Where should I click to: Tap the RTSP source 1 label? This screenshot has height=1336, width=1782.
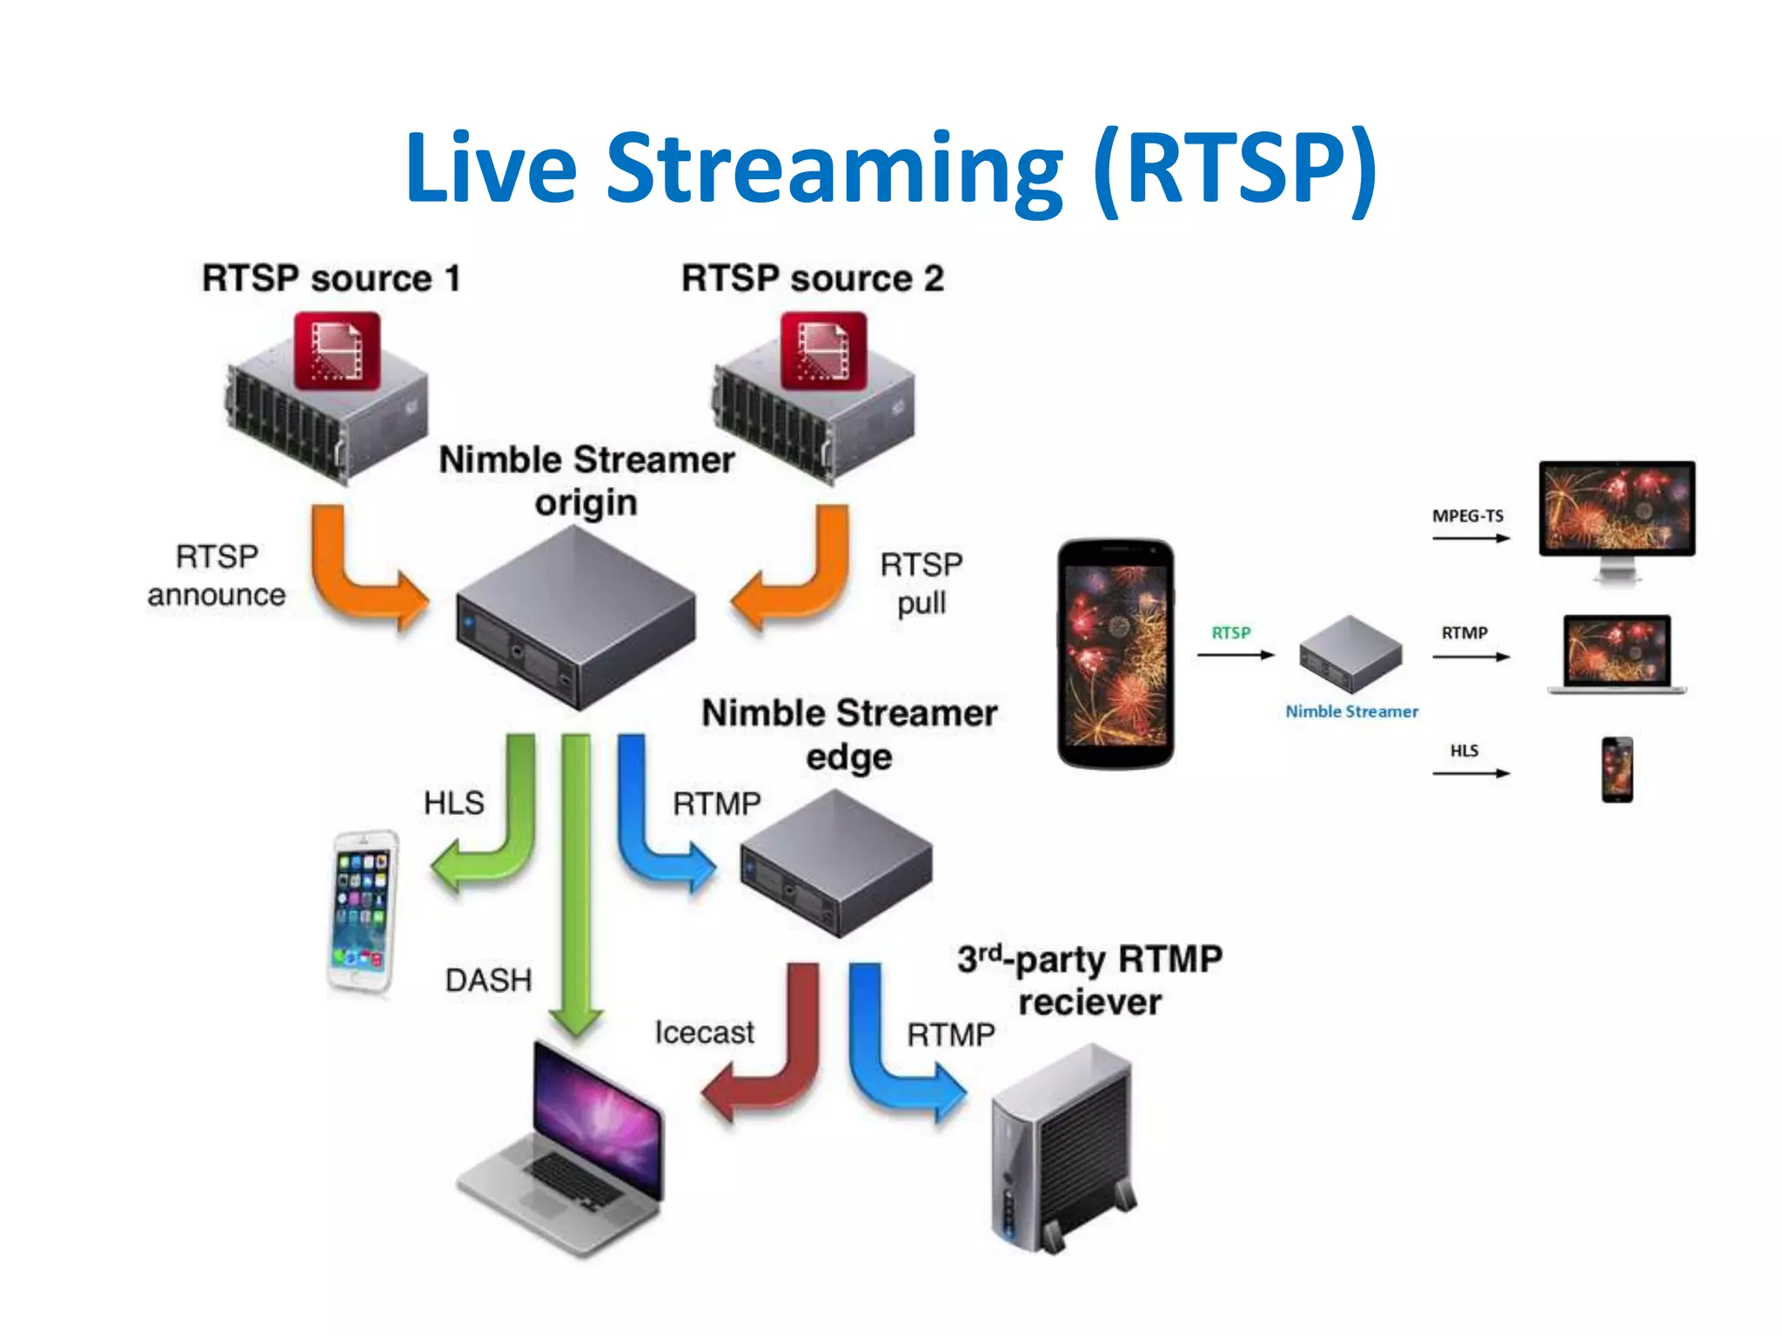[331, 279]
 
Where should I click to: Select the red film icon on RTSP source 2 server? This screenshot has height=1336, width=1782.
[823, 351]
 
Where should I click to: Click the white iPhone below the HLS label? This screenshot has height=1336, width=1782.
[364, 912]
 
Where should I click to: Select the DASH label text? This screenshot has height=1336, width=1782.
[488, 980]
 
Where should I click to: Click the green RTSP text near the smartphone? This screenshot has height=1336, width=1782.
[1230, 632]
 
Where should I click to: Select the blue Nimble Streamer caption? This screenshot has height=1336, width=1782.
[1351, 711]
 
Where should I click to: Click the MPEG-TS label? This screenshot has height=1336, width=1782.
[1467, 516]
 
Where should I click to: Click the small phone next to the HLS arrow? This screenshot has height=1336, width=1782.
[1617, 770]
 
